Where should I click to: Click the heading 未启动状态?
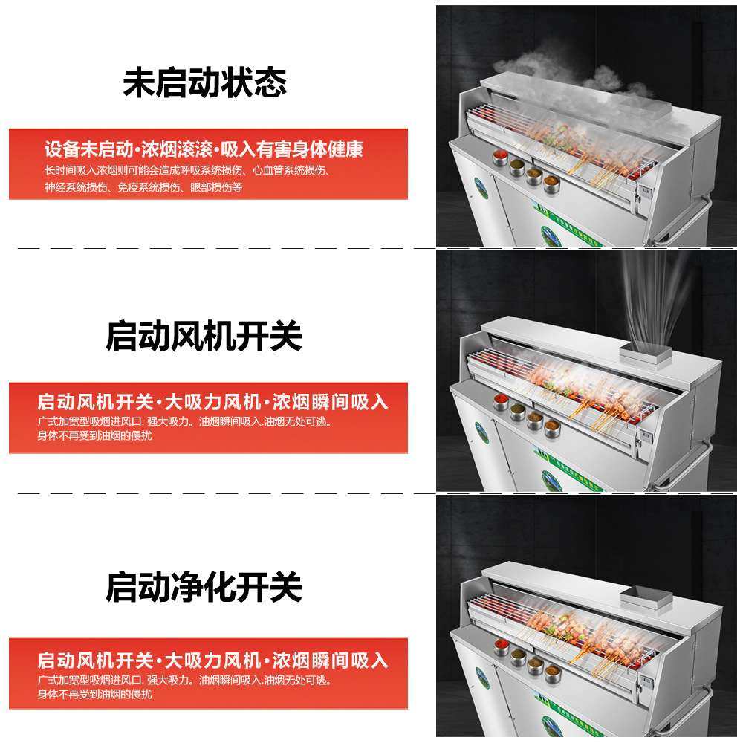[x=204, y=83]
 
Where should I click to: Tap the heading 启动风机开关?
[x=204, y=336]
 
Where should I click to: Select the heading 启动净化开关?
[x=204, y=587]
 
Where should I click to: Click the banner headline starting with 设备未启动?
[x=204, y=149]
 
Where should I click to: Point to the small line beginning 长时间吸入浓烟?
[x=186, y=170]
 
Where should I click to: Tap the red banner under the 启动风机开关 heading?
[x=208, y=418]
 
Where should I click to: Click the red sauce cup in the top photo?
[x=500, y=158]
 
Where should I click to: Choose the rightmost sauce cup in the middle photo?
[x=551, y=427]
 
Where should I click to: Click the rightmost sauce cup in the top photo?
[x=551, y=182]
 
